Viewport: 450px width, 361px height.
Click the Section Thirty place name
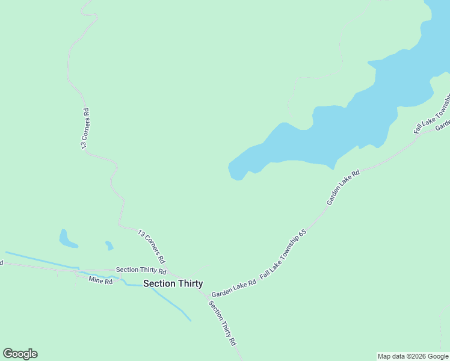(x=173, y=283)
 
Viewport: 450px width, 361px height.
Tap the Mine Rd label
(x=100, y=280)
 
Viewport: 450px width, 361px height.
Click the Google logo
(x=20, y=354)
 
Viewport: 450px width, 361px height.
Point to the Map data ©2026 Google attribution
(x=413, y=356)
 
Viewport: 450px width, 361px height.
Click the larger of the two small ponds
(x=67, y=239)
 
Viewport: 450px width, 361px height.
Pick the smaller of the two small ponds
(x=109, y=245)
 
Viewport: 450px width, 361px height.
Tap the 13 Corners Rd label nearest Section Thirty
(x=151, y=247)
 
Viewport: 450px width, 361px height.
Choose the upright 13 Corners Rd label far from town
(x=86, y=128)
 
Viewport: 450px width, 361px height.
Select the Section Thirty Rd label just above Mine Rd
(x=141, y=270)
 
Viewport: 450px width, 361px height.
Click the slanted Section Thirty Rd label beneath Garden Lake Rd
(x=222, y=322)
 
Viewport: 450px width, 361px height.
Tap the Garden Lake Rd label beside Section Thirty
(x=233, y=288)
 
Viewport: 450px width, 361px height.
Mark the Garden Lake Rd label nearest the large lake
(x=343, y=187)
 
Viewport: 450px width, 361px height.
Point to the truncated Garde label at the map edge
(x=443, y=125)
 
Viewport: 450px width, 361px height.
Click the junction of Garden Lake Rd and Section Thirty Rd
(x=208, y=296)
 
